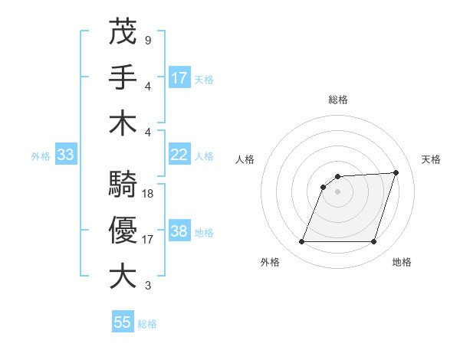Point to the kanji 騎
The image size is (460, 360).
click(123, 185)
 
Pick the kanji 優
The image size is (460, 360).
click(123, 230)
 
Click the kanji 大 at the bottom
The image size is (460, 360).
click(123, 276)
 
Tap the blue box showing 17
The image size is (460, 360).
click(179, 77)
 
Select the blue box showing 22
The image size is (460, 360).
click(179, 155)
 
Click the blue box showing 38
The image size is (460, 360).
click(179, 231)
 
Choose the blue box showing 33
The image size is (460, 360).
click(66, 155)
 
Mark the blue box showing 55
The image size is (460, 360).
click(123, 322)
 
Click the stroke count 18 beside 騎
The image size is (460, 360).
click(148, 194)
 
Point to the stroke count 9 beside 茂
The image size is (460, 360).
click(147, 39)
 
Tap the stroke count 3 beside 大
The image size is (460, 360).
click(147, 286)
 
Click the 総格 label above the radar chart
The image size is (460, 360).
click(338, 100)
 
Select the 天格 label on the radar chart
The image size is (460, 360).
click(431, 159)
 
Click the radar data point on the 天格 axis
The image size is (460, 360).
click(396, 172)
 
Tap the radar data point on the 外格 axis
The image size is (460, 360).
click(301, 242)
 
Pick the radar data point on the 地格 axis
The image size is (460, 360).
click(374, 242)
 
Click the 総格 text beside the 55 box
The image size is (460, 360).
click(147, 324)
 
